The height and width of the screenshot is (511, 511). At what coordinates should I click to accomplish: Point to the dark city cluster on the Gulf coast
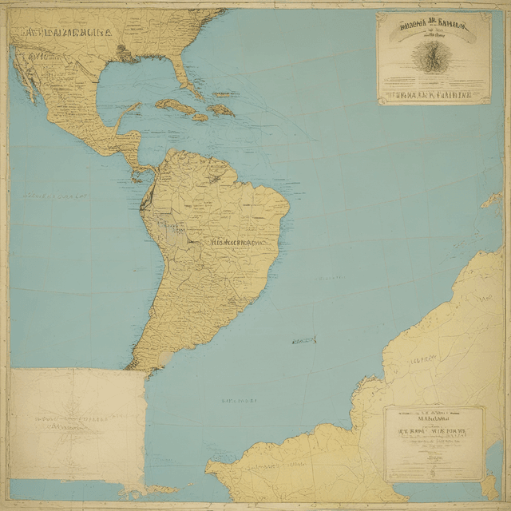point(121,53)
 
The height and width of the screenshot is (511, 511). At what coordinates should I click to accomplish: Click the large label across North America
point(68,34)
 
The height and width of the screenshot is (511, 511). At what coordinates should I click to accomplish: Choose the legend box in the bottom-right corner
point(434,443)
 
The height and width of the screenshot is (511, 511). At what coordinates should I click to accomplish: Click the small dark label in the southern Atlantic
point(303,341)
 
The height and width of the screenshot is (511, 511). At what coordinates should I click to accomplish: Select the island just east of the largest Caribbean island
point(221,109)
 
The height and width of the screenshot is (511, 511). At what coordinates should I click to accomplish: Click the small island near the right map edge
point(491,200)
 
